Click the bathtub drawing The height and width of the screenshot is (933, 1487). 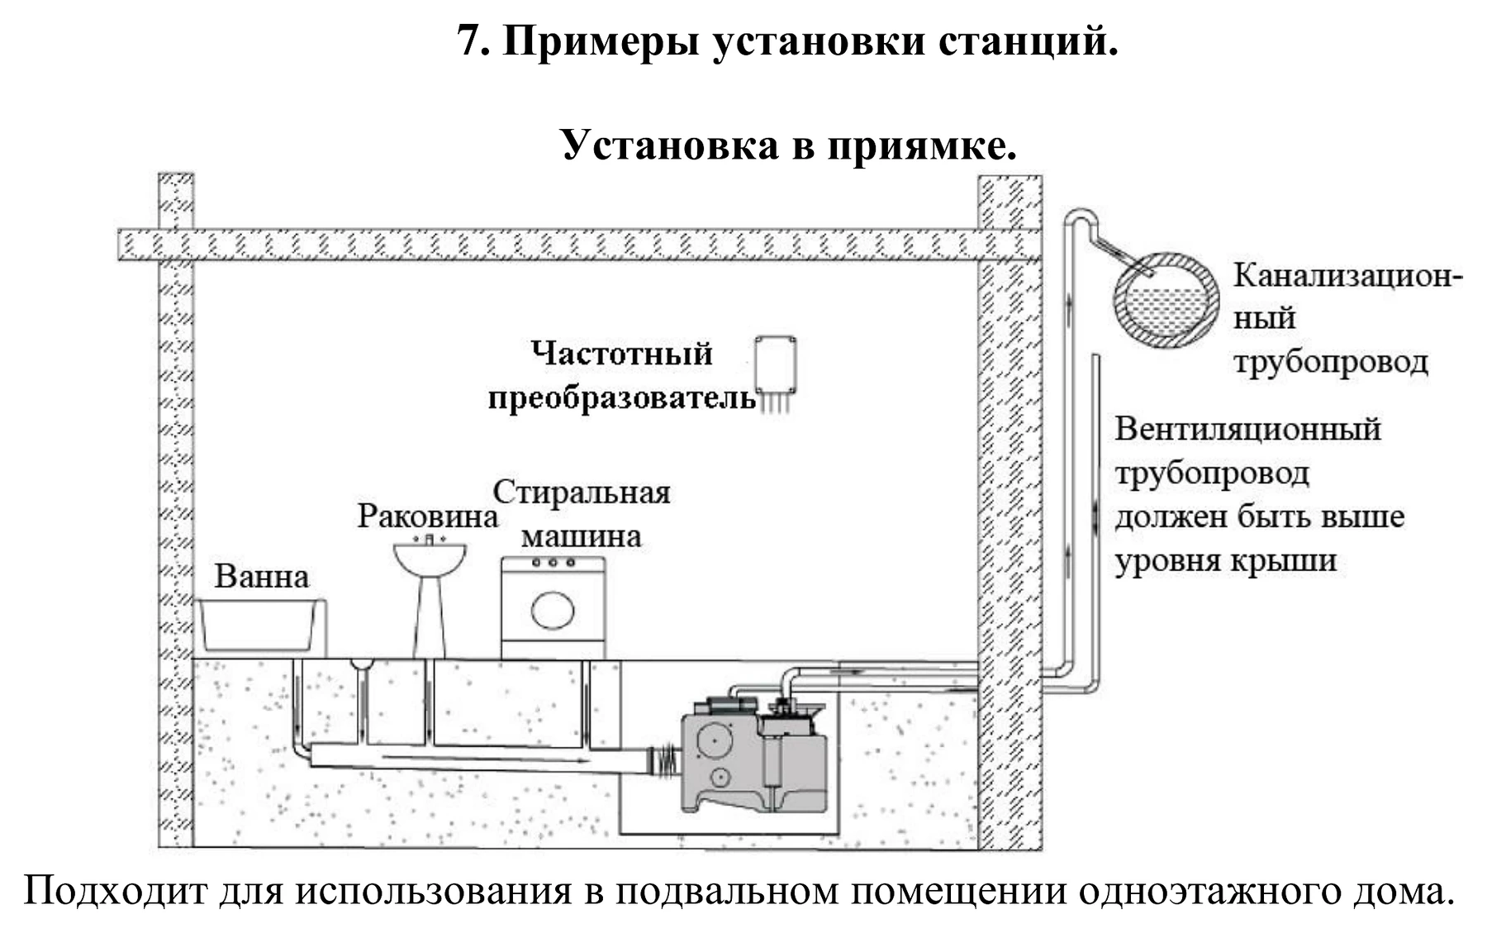click(x=259, y=626)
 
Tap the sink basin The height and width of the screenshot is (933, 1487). click(x=429, y=557)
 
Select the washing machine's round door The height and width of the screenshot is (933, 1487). click(x=553, y=611)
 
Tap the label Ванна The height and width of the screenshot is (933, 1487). click(x=262, y=576)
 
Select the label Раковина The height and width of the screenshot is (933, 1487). click(x=428, y=516)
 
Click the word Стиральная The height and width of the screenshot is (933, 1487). click(x=582, y=493)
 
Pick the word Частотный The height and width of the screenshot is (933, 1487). click(x=621, y=354)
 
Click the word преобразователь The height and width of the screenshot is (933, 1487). click(x=622, y=398)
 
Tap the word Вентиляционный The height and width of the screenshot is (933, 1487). click(x=1247, y=429)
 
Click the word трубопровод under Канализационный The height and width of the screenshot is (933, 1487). click(x=1331, y=362)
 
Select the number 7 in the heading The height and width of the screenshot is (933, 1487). click(x=471, y=40)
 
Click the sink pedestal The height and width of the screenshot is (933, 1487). click(x=429, y=616)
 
